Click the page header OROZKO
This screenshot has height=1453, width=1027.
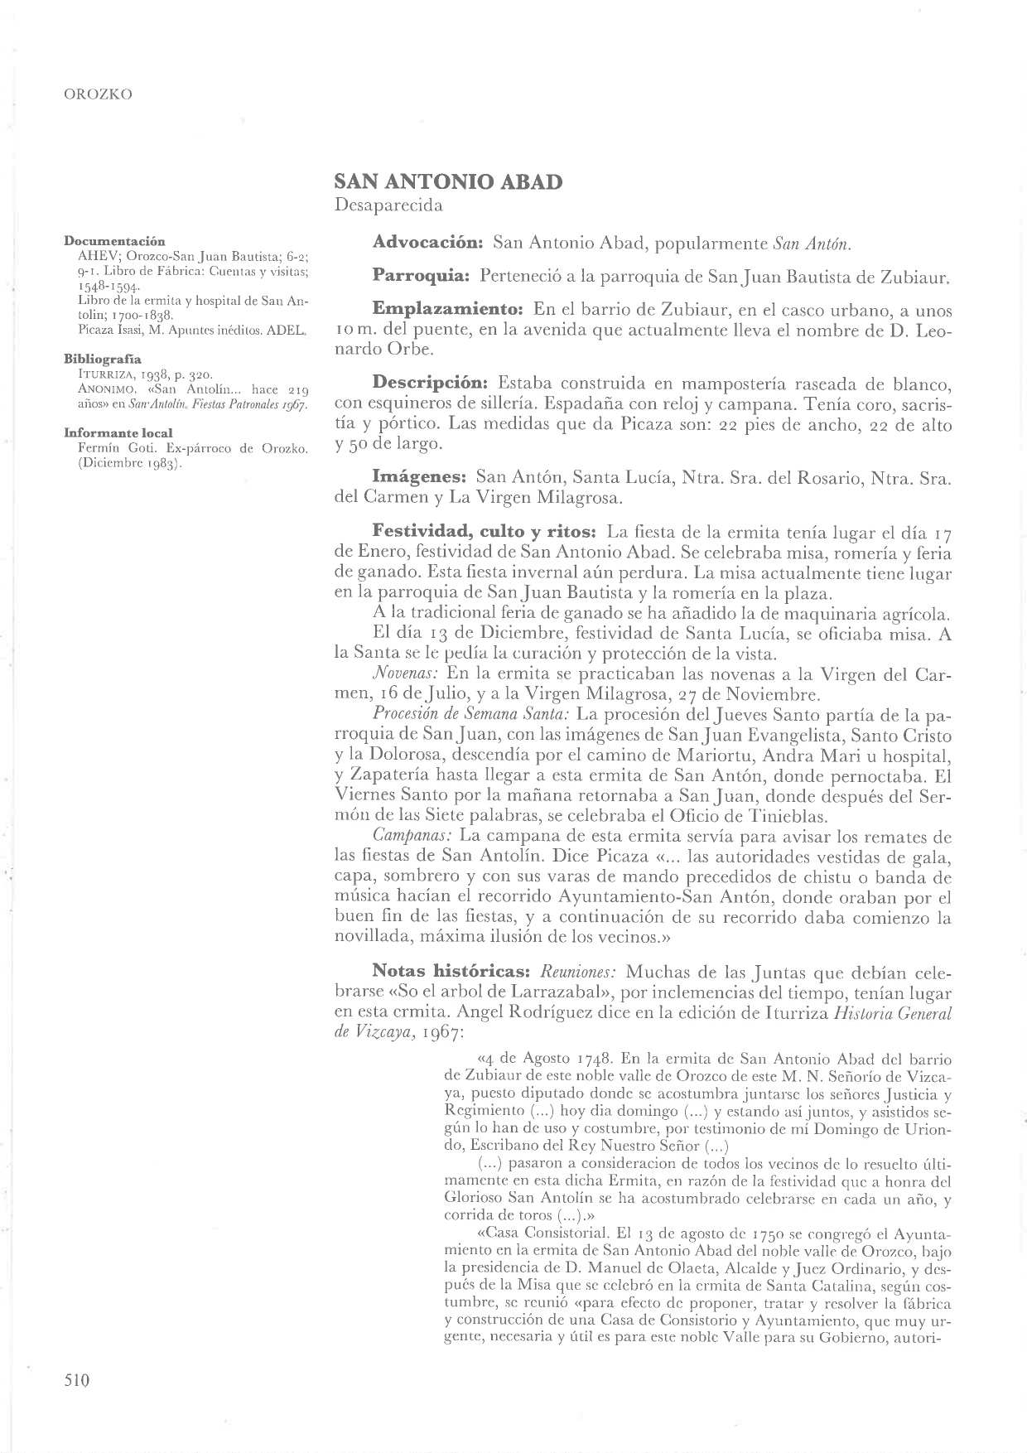(98, 94)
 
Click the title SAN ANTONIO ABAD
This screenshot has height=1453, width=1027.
(448, 182)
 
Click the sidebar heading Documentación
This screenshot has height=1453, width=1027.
(114, 241)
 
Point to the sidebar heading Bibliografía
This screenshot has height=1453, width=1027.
(103, 360)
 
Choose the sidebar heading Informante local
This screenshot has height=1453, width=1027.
(118, 433)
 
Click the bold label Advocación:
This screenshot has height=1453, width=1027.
(427, 244)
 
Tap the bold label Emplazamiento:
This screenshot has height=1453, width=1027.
(447, 310)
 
